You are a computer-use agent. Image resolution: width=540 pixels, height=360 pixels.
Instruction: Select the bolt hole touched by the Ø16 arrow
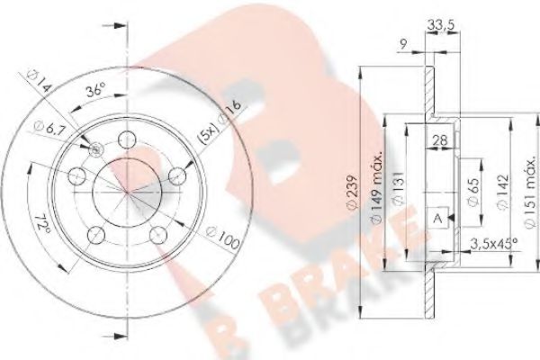pyautogui.click(x=181, y=174)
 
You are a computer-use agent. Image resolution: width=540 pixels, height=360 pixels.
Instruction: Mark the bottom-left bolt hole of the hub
pyautogui.click(x=95, y=237)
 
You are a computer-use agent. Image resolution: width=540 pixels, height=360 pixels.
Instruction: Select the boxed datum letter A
pyautogui.click(x=436, y=220)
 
